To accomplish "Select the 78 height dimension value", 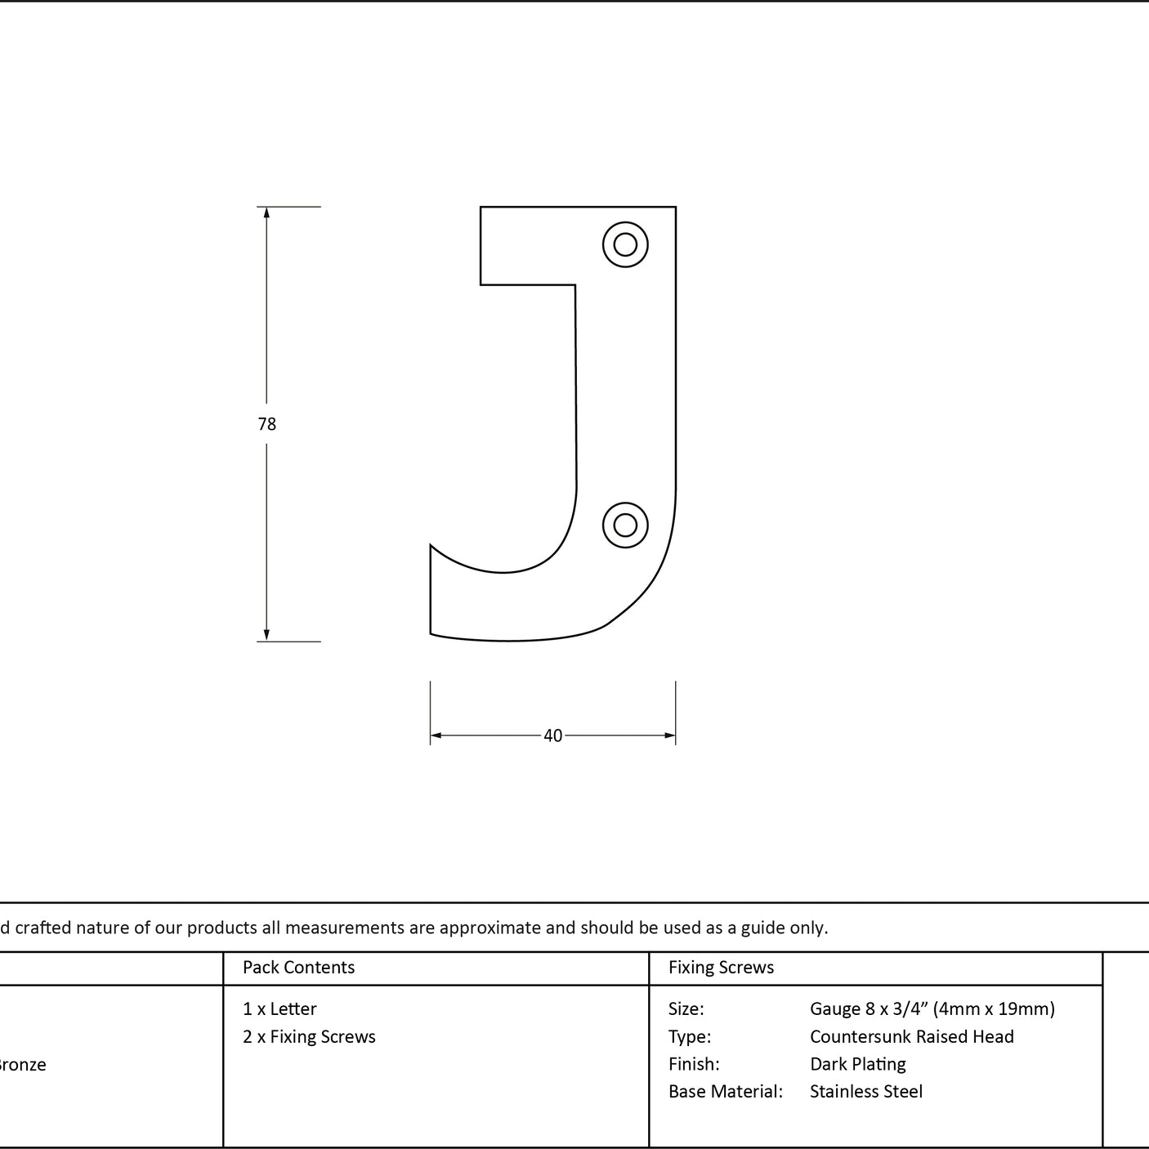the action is coord(267,424).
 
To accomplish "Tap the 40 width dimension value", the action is coord(552,735).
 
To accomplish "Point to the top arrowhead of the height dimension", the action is coord(266,212).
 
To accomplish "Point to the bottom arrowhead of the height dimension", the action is coord(266,635).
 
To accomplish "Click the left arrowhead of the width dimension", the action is coord(436,735).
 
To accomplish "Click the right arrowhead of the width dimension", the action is coord(670,735).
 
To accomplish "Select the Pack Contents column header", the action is coord(299,967).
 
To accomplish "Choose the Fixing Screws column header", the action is coord(721,967).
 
